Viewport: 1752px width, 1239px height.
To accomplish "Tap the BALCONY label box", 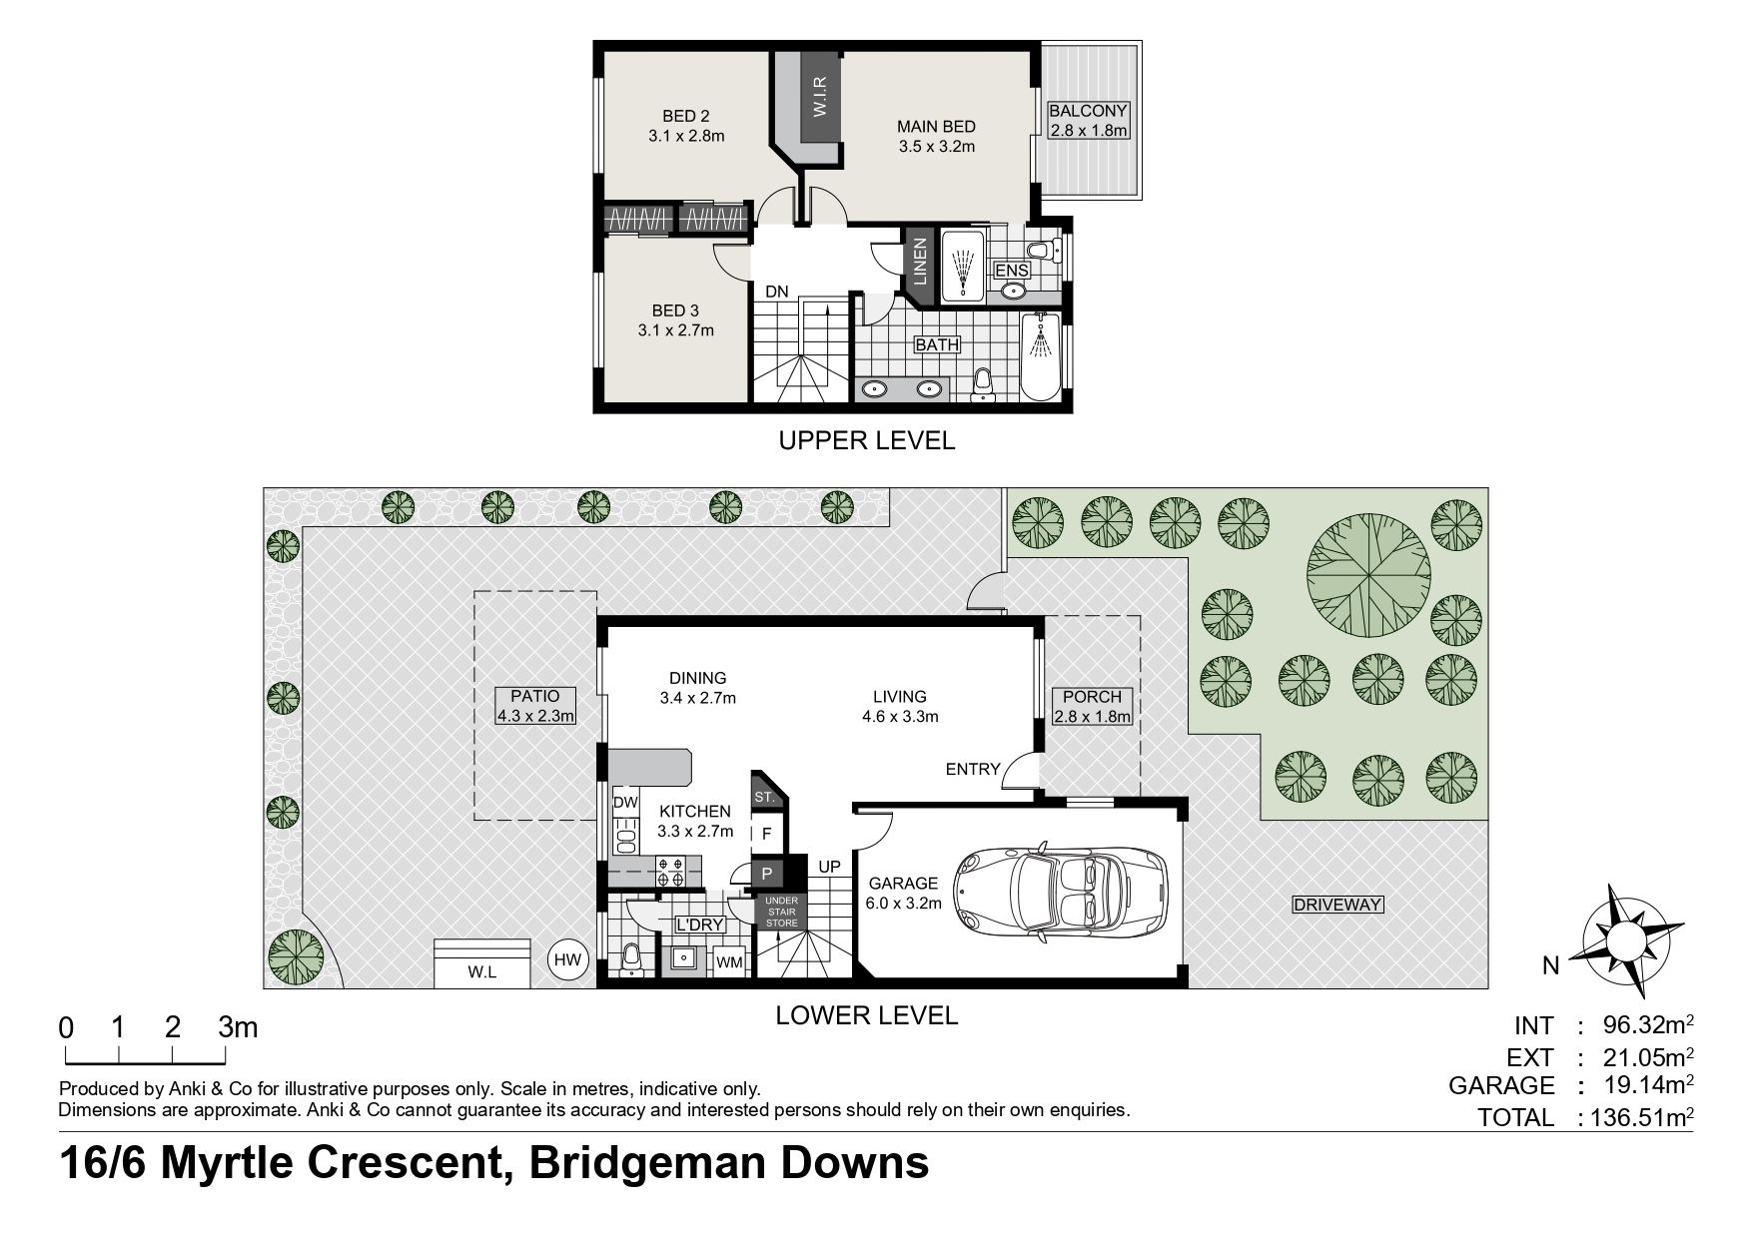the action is coord(1088,121).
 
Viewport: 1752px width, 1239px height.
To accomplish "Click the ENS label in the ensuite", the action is coord(1011,271).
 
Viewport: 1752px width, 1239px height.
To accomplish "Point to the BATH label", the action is coord(937,345).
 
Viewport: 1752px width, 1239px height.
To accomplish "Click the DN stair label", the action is coord(777,292).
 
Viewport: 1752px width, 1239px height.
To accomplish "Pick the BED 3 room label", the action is coord(675,320).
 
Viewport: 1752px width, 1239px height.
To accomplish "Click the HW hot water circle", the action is coord(566,960).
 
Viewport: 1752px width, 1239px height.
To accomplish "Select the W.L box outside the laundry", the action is coord(481,963).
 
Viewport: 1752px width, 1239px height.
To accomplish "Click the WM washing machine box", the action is coord(729,962).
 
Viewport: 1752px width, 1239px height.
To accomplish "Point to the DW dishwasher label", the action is coord(625,802).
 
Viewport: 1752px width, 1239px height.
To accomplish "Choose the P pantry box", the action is coord(767,873).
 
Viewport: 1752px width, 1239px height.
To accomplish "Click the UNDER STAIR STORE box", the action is coord(781,911).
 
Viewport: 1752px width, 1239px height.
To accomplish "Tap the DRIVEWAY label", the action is coord(1337,906).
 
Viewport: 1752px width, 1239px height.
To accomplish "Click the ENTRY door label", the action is coord(973,769).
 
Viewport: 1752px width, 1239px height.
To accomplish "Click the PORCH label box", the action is coord(1092,706).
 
